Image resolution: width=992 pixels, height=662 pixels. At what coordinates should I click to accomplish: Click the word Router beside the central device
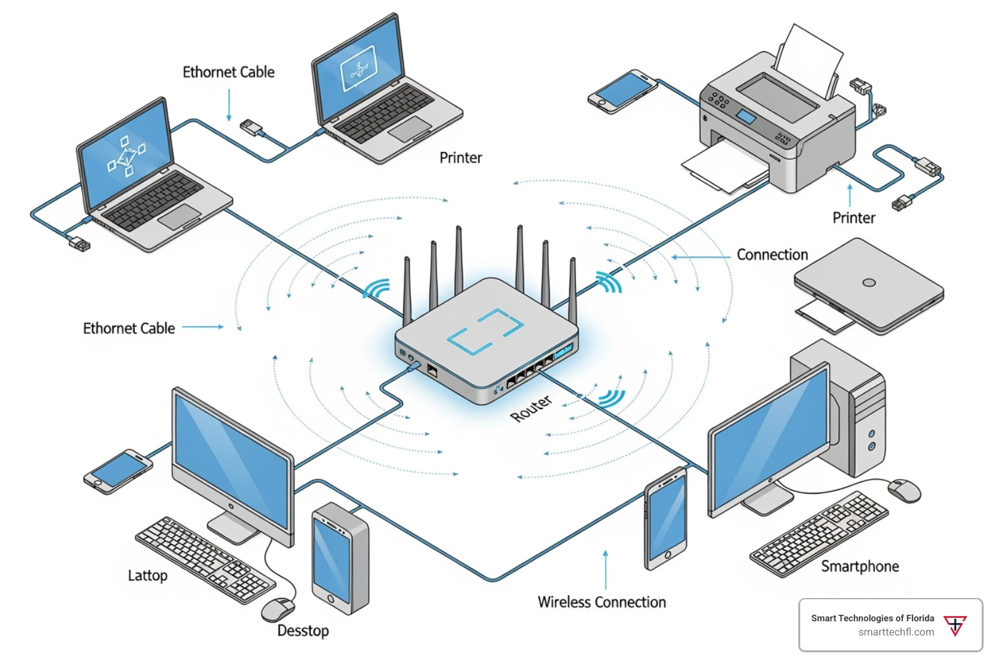pos(532,409)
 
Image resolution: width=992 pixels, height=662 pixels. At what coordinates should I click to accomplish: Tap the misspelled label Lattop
pos(147,575)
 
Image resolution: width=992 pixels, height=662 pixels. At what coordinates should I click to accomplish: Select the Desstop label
pos(303,630)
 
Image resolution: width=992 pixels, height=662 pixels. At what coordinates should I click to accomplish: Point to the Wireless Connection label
pos(601,602)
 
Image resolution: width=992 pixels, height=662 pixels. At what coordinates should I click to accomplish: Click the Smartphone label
pos(860,566)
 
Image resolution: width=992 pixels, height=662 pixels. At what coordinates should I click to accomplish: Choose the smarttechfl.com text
pos(896,632)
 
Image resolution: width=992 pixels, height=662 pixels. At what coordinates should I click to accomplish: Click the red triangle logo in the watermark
pos(955,625)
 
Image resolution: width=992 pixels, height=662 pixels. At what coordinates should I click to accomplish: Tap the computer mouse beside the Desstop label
pos(278,609)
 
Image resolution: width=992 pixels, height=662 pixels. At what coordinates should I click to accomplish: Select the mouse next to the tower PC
pos(904,491)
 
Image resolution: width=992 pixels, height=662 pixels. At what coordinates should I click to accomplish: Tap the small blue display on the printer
pos(746,117)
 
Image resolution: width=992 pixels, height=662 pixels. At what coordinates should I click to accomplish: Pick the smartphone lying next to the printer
pos(621,91)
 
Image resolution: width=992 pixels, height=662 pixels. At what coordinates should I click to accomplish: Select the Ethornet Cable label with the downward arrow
pos(228,72)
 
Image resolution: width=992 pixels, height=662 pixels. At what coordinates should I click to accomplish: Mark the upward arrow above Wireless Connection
pos(605,569)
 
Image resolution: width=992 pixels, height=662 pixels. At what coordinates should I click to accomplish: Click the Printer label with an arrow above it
pos(853,218)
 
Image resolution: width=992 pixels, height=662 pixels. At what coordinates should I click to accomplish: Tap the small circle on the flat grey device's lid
pos(869,283)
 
